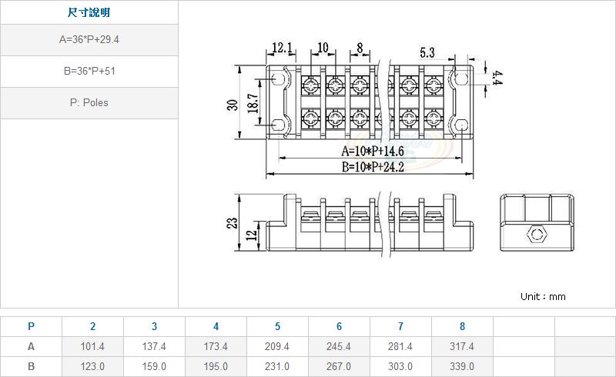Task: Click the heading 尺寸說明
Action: [89, 13]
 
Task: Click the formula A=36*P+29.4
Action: [89, 40]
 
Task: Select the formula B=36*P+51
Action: [89, 71]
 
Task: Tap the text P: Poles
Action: [89, 102]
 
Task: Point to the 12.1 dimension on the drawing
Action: [281, 48]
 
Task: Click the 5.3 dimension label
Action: [427, 52]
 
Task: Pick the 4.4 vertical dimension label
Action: [497, 78]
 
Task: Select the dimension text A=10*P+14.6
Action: [373, 152]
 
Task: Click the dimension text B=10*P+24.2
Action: [373, 168]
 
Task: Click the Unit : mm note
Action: [543, 296]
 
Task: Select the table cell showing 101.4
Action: [92, 347]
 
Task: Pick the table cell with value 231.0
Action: [277, 367]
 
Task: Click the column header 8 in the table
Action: [462, 326]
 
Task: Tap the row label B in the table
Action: [31, 367]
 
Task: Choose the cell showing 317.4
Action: [462, 347]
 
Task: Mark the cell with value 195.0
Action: [216, 367]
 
